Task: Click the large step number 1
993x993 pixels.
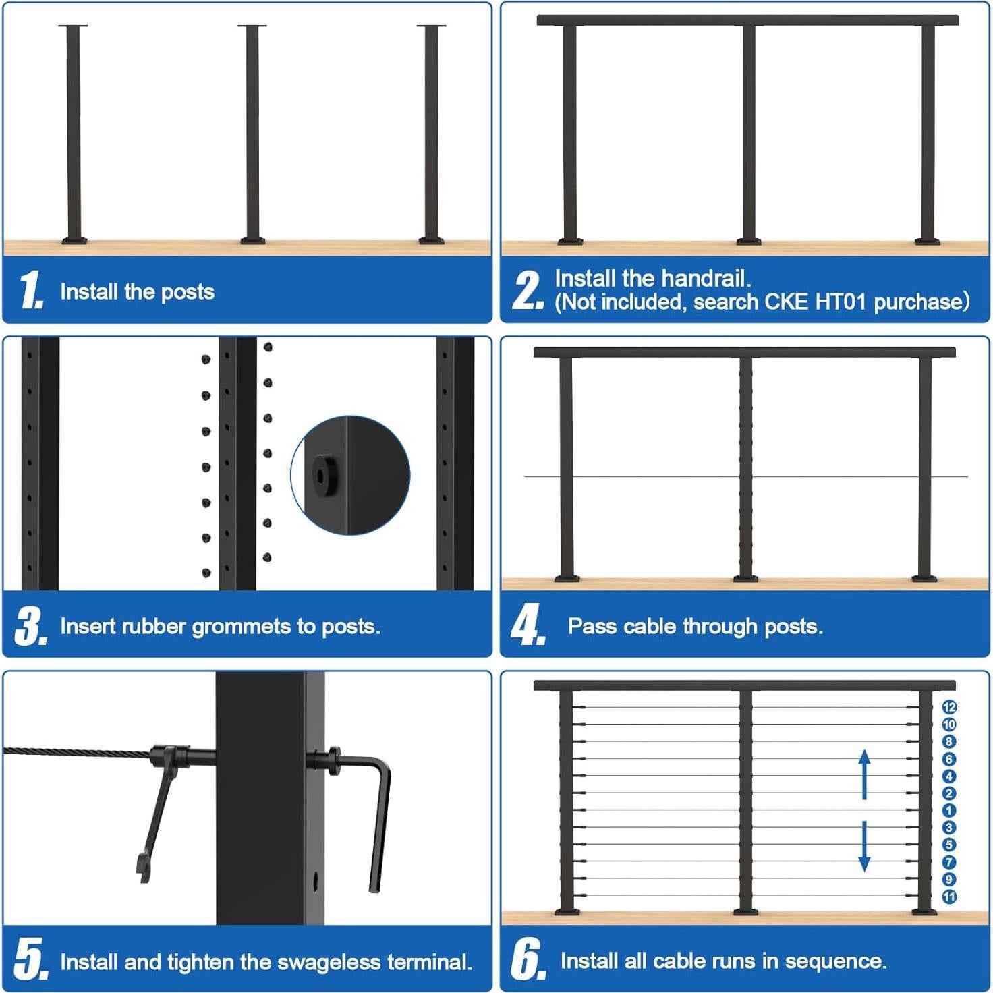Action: click(x=30, y=290)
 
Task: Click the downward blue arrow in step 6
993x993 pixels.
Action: click(x=864, y=846)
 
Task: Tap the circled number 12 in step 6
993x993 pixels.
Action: click(x=949, y=707)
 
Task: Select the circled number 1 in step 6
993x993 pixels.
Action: click(x=949, y=810)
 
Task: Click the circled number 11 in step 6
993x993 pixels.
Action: click(x=949, y=897)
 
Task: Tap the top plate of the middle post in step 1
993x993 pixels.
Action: click(x=252, y=26)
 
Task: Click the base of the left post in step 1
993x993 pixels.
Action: click(x=74, y=239)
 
